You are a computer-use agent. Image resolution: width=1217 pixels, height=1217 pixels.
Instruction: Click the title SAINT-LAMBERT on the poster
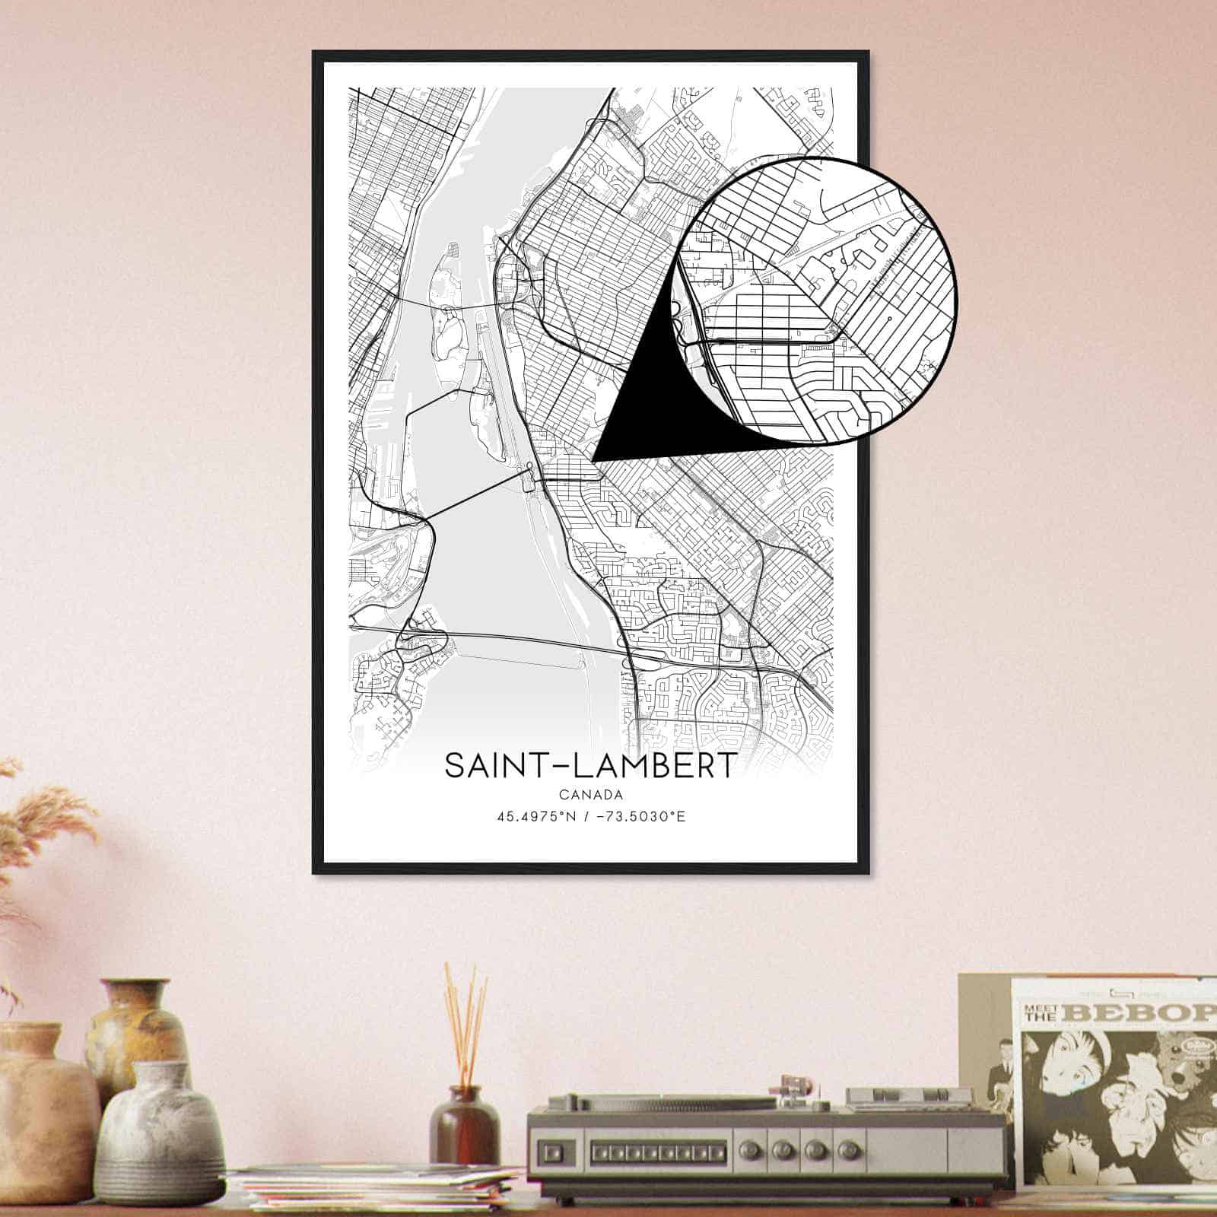(590, 766)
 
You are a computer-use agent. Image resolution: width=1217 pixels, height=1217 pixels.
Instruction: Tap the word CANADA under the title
(590, 796)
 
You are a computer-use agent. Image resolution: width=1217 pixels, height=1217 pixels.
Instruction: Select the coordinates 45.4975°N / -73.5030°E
(590, 818)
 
